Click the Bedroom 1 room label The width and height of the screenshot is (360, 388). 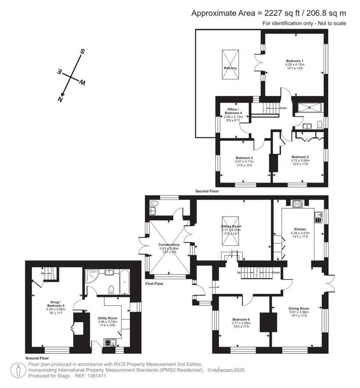[295, 61]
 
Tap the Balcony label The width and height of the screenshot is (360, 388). [230, 68]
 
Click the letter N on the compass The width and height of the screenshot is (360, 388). [60, 99]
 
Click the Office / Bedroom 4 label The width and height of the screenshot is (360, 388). [233, 111]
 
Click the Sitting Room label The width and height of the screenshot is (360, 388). [231, 227]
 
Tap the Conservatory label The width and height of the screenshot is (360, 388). [169, 245]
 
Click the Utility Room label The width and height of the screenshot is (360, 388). [107, 318]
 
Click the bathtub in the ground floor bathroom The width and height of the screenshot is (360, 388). [124, 283]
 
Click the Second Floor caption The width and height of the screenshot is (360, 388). [207, 192]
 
